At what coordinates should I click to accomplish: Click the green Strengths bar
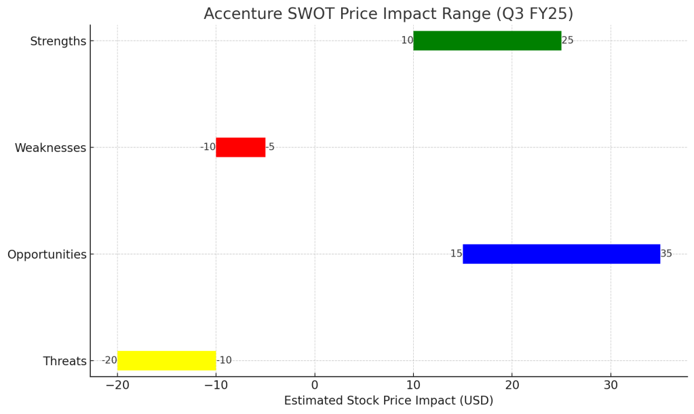tap(487, 41)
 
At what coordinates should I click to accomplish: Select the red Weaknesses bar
tap(240, 147)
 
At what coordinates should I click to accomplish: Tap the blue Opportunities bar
tap(561, 254)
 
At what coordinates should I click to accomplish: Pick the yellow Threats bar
tap(166, 360)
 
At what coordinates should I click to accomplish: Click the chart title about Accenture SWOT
tap(388, 14)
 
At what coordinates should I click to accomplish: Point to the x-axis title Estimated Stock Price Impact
tap(388, 400)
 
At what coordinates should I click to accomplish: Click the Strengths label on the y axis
tap(58, 41)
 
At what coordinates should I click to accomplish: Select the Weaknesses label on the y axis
tap(50, 148)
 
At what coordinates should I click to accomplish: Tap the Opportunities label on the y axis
tap(47, 255)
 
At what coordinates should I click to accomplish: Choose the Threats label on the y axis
tap(65, 361)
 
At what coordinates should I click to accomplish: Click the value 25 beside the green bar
tap(568, 41)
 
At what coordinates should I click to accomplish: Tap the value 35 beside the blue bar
tap(666, 254)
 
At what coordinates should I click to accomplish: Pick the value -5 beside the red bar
tap(270, 147)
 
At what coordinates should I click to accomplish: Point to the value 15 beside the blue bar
tap(456, 254)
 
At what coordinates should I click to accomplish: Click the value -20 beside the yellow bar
tap(109, 360)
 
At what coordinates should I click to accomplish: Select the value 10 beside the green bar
tap(407, 41)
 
